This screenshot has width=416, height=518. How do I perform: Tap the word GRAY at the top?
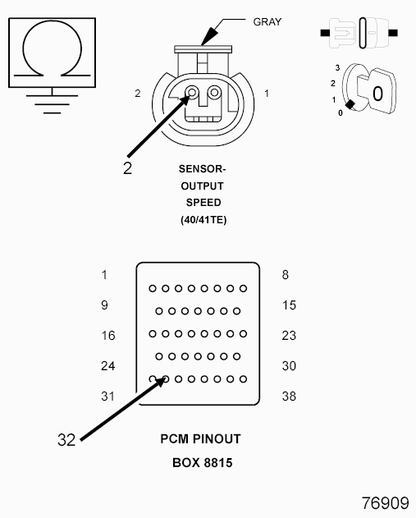click(267, 22)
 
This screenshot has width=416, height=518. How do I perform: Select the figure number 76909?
click(386, 503)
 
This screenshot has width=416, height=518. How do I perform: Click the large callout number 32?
click(66, 440)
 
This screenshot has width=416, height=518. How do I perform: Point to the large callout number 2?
click(127, 168)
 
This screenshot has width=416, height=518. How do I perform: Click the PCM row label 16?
click(108, 336)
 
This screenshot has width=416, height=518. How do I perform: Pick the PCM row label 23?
click(289, 336)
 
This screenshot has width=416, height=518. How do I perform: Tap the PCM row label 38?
click(289, 397)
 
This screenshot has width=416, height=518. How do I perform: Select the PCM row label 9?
click(104, 305)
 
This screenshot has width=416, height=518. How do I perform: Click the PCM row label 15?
click(289, 305)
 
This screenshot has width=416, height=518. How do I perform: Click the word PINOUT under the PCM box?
click(217, 439)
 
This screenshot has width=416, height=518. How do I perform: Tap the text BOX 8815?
click(203, 463)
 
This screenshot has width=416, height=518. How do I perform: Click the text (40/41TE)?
click(203, 220)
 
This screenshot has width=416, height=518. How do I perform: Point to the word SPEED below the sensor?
click(203, 203)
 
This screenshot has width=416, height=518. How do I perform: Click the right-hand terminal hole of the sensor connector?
click(215, 92)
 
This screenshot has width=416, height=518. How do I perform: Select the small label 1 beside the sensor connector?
click(267, 94)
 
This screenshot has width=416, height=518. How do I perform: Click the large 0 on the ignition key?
click(377, 94)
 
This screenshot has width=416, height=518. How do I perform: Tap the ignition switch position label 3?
click(337, 67)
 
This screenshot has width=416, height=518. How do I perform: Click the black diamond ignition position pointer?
click(350, 105)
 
